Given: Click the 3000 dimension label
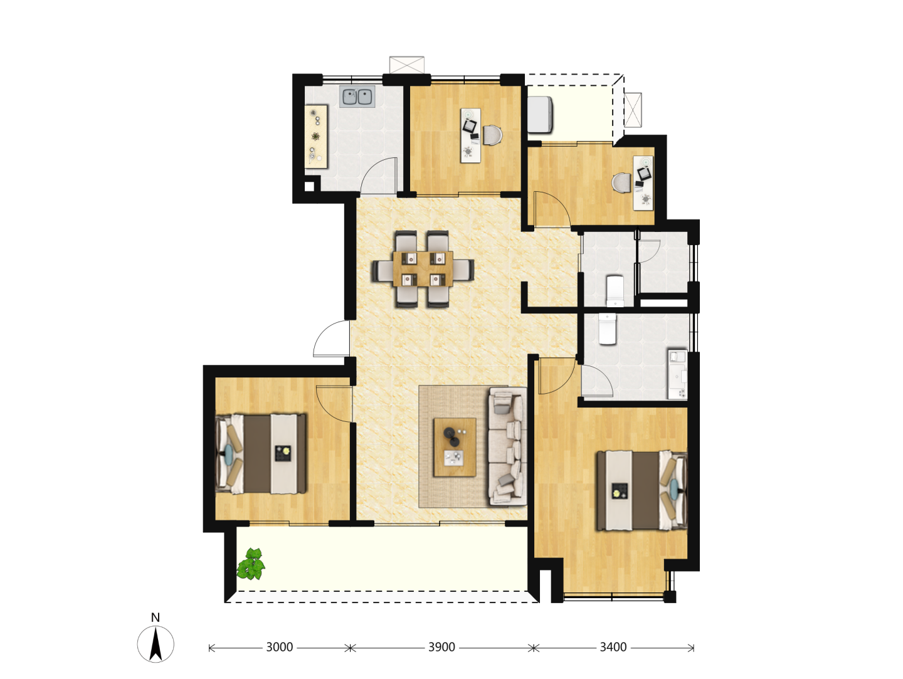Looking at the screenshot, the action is point(279,647).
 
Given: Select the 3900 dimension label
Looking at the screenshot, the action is point(441,647).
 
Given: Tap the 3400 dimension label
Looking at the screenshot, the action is point(613,647).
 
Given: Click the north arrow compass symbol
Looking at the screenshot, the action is point(156,644).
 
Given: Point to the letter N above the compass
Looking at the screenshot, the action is point(155,618).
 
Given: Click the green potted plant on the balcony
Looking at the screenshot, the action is point(251,564).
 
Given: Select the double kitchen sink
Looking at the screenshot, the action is point(357,97).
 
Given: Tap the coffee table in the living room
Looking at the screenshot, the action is point(455,448).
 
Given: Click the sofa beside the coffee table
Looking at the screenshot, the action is point(508,446).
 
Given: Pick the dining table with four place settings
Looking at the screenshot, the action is point(423,269).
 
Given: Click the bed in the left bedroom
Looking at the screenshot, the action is point(261,454).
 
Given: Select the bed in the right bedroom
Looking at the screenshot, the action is point(642,491).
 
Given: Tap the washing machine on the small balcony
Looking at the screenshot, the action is point(540,114).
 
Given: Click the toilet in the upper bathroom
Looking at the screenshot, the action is point(615,291).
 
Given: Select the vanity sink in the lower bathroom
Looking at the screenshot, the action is point(677,374).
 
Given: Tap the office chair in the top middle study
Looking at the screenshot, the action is point(492,135).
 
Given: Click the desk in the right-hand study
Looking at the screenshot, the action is point(643,182).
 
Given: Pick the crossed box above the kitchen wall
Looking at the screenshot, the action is point(407,65).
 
